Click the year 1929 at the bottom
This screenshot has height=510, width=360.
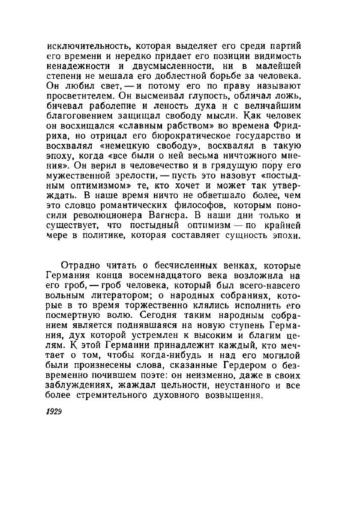[x=55, y=409]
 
